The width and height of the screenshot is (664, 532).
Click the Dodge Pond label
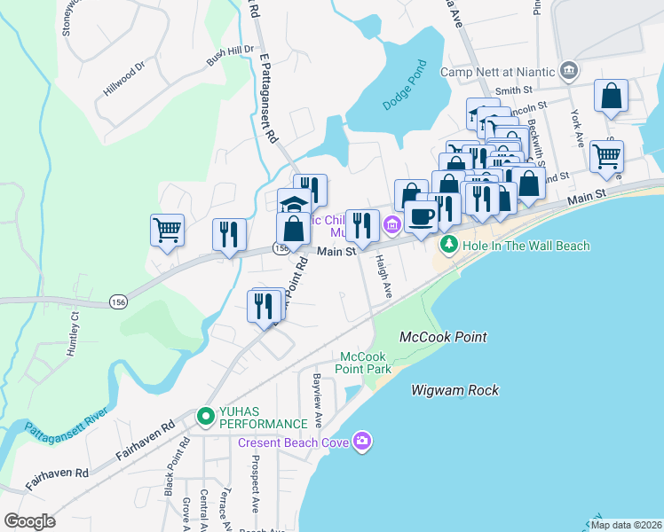pos(405,86)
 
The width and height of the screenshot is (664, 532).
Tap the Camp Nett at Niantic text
pos(498,71)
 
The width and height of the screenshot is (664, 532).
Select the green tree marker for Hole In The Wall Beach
pos(450,244)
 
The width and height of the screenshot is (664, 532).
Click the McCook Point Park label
pos(365,362)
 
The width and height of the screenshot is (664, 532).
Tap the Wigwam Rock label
pos(455,390)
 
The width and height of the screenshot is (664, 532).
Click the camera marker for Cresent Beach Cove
pos(361,441)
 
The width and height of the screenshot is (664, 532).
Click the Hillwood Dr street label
pos(123,81)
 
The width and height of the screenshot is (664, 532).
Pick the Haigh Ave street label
pos(383,275)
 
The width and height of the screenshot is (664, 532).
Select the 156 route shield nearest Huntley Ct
pos(117,302)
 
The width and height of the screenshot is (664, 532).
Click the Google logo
pos(29,521)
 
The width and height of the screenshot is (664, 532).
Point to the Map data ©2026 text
pos(625,525)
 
